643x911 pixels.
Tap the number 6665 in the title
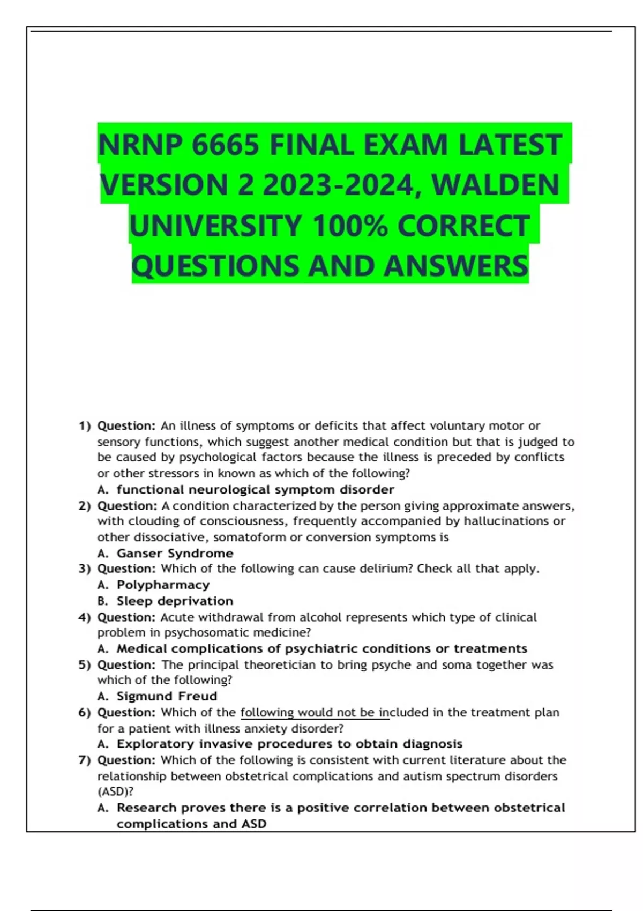click(x=226, y=145)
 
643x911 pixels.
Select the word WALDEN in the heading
click(x=495, y=185)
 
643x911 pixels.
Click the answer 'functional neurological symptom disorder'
click(x=255, y=489)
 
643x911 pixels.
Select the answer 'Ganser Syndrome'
click(x=175, y=553)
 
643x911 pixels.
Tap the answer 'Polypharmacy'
click(x=163, y=585)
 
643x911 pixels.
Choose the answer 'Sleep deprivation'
click(x=175, y=601)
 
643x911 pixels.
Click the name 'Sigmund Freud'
click(x=167, y=696)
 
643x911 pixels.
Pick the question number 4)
click(x=85, y=617)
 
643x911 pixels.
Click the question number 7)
click(x=85, y=760)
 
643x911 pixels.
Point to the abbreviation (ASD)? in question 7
click(x=115, y=791)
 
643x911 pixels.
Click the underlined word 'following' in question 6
click(x=267, y=712)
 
